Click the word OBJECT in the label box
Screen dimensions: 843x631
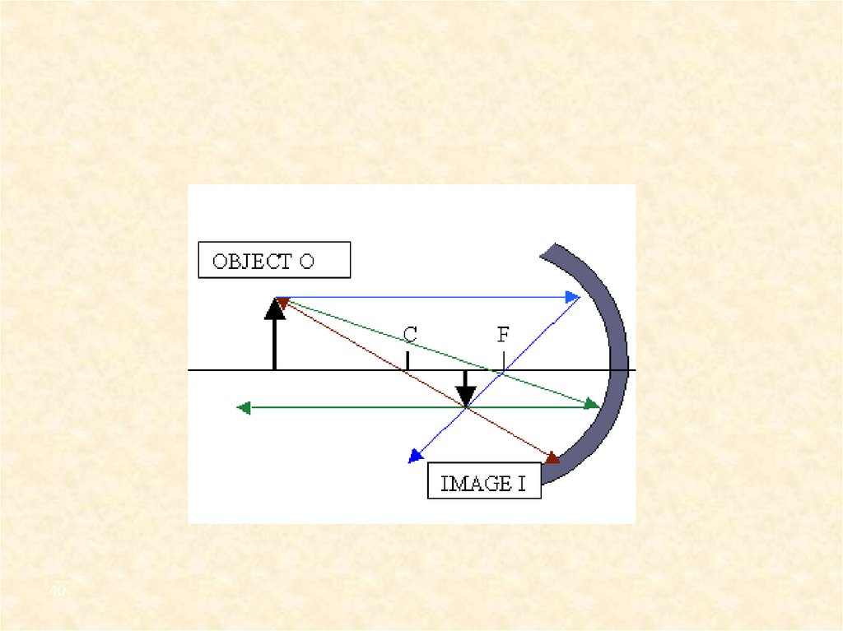252,262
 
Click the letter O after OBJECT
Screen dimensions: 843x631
306,262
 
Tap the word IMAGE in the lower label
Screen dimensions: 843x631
477,483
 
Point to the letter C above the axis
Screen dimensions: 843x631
410,335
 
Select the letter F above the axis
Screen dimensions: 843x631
503,335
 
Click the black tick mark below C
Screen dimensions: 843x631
408,360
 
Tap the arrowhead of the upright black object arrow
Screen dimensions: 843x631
275,309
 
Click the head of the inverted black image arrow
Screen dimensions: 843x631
466,398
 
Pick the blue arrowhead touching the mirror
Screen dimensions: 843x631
573,297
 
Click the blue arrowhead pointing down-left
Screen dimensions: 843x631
415,457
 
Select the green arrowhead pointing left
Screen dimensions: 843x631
243,406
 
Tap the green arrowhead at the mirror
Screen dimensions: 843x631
592,403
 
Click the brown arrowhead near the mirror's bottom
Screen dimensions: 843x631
552,457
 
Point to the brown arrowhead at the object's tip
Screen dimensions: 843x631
282,303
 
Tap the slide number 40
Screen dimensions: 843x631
57,592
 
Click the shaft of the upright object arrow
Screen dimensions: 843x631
275,346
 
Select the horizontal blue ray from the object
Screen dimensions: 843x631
428,297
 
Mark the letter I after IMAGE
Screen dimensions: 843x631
522,483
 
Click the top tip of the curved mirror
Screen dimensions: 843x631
550,249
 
